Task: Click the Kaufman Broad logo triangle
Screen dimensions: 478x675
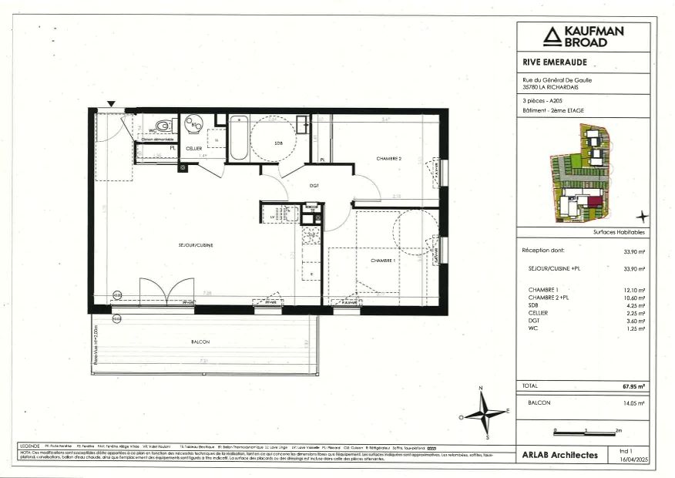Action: [x=552, y=35]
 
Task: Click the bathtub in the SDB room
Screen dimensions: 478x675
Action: [x=239, y=137]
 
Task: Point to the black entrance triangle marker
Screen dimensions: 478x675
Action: [x=112, y=103]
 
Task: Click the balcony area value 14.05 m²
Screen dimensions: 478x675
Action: [x=633, y=403]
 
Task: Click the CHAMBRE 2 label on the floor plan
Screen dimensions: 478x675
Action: [x=389, y=159]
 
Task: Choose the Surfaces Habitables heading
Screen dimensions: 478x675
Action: [x=619, y=232]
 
